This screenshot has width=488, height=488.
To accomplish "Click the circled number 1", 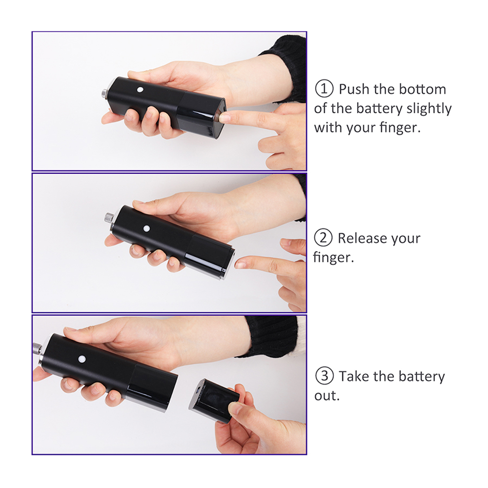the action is pyautogui.click(x=324, y=89).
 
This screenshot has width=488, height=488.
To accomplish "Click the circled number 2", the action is pyautogui.click(x=324, y=238).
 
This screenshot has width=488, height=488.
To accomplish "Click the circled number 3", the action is pyautogui.click(x=325, y=376).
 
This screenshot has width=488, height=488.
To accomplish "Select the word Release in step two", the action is pyautogui.click(x=362, y=239).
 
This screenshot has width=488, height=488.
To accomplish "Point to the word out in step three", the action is pyautogui.click(x=326, y=396).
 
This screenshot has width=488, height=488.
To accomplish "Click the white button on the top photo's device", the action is pyautogui.click(x=141, y=90).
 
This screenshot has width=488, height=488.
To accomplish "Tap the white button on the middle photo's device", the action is pyautogui.click(x=146, y=229).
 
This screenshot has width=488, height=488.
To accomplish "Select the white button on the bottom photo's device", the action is pyautogui.click(x=82, y=359).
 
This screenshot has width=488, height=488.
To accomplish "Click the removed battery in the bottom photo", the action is pyautogui.click(x=214, y=400).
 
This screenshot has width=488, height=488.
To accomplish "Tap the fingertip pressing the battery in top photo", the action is pyautogui.click(x=224, y=117).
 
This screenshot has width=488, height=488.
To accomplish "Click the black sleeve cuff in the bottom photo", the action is pyautogui.click(x=271, y=336).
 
